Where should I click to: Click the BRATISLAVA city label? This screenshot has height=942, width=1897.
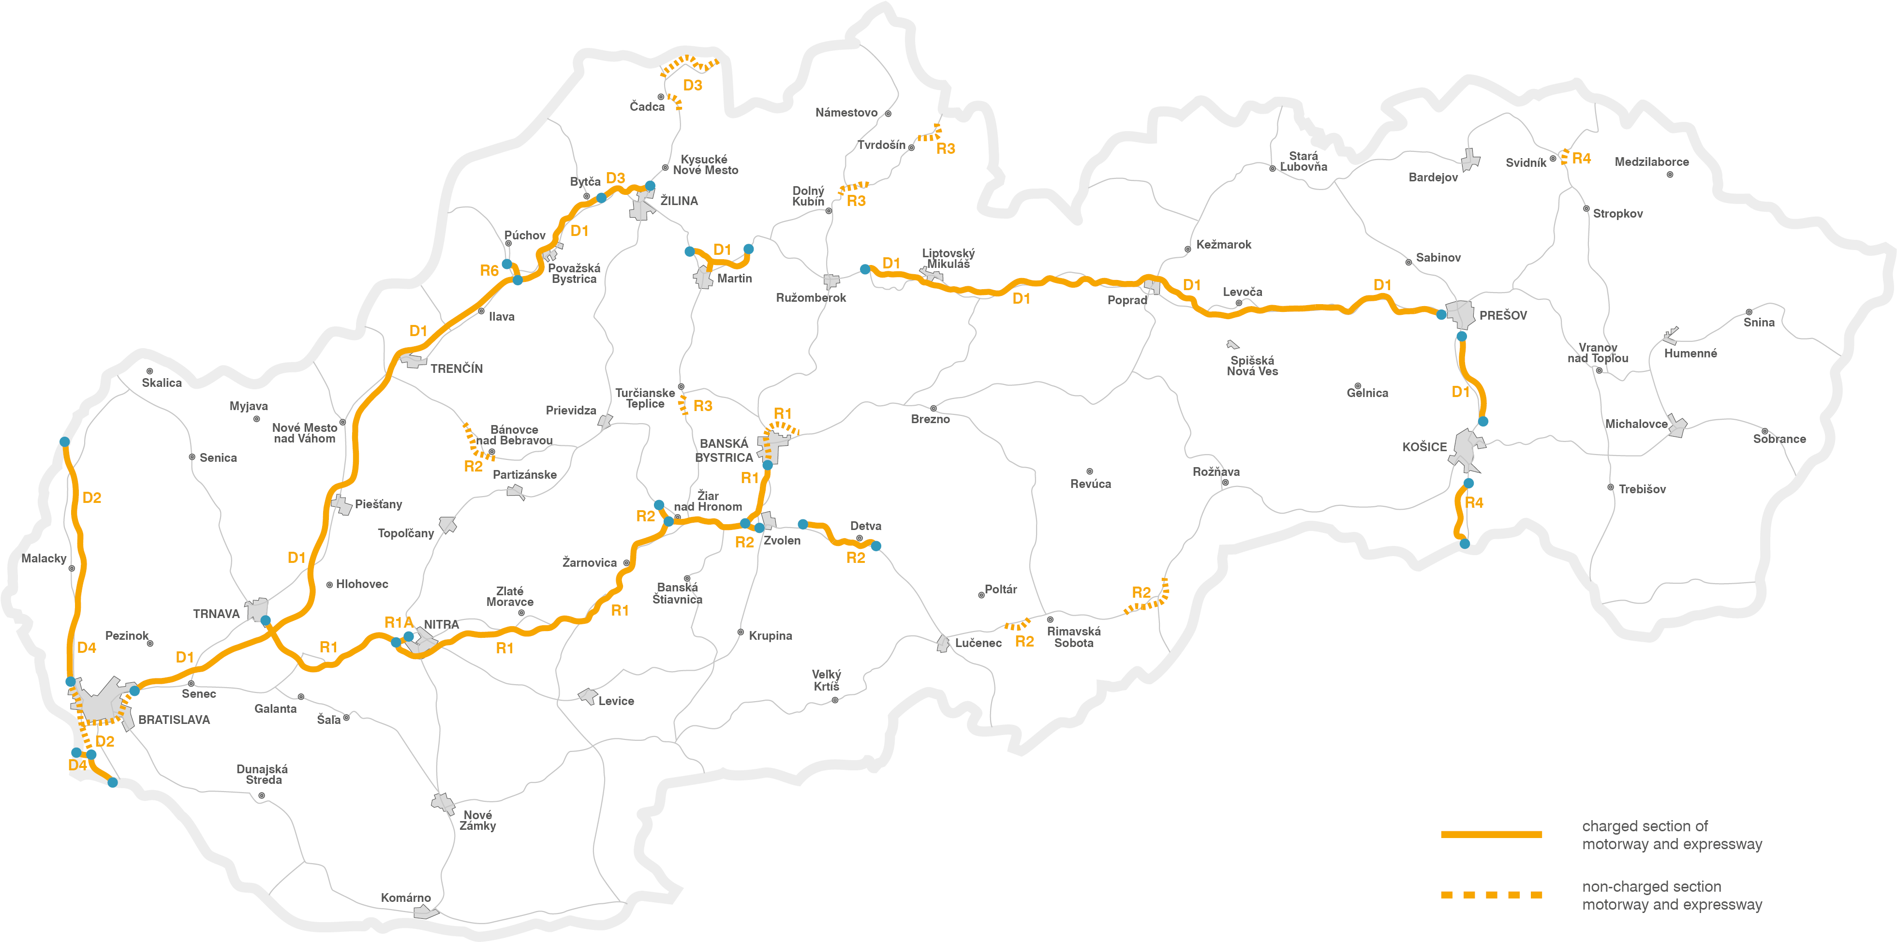point(174,720)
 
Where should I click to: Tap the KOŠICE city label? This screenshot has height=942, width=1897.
point(1424,447)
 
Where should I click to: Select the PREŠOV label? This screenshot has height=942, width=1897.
point(1502,315)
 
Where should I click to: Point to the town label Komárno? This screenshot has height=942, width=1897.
point(406,898)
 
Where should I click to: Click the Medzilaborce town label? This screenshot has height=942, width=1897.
point(1651,162)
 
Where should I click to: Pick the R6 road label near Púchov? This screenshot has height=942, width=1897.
point(489,271)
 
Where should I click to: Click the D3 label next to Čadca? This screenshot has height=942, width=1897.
point(692,86)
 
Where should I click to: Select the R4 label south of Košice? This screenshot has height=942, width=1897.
point(1474,503)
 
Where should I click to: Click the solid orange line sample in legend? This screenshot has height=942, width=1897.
point(1491,835)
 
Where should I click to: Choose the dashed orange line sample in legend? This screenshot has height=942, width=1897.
point(1491,895)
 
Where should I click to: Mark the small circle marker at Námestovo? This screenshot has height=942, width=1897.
point(888,114)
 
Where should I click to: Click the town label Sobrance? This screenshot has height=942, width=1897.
point(1779,439)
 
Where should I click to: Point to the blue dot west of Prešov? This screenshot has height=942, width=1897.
point(1441,314)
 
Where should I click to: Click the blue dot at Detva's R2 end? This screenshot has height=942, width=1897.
point(875,546)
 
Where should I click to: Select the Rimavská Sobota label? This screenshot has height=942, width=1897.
point(1074,637)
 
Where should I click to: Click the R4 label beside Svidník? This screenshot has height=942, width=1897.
point(1581,158)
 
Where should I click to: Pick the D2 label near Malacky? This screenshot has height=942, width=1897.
point(91,498)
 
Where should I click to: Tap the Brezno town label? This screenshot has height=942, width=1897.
point(930,419)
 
